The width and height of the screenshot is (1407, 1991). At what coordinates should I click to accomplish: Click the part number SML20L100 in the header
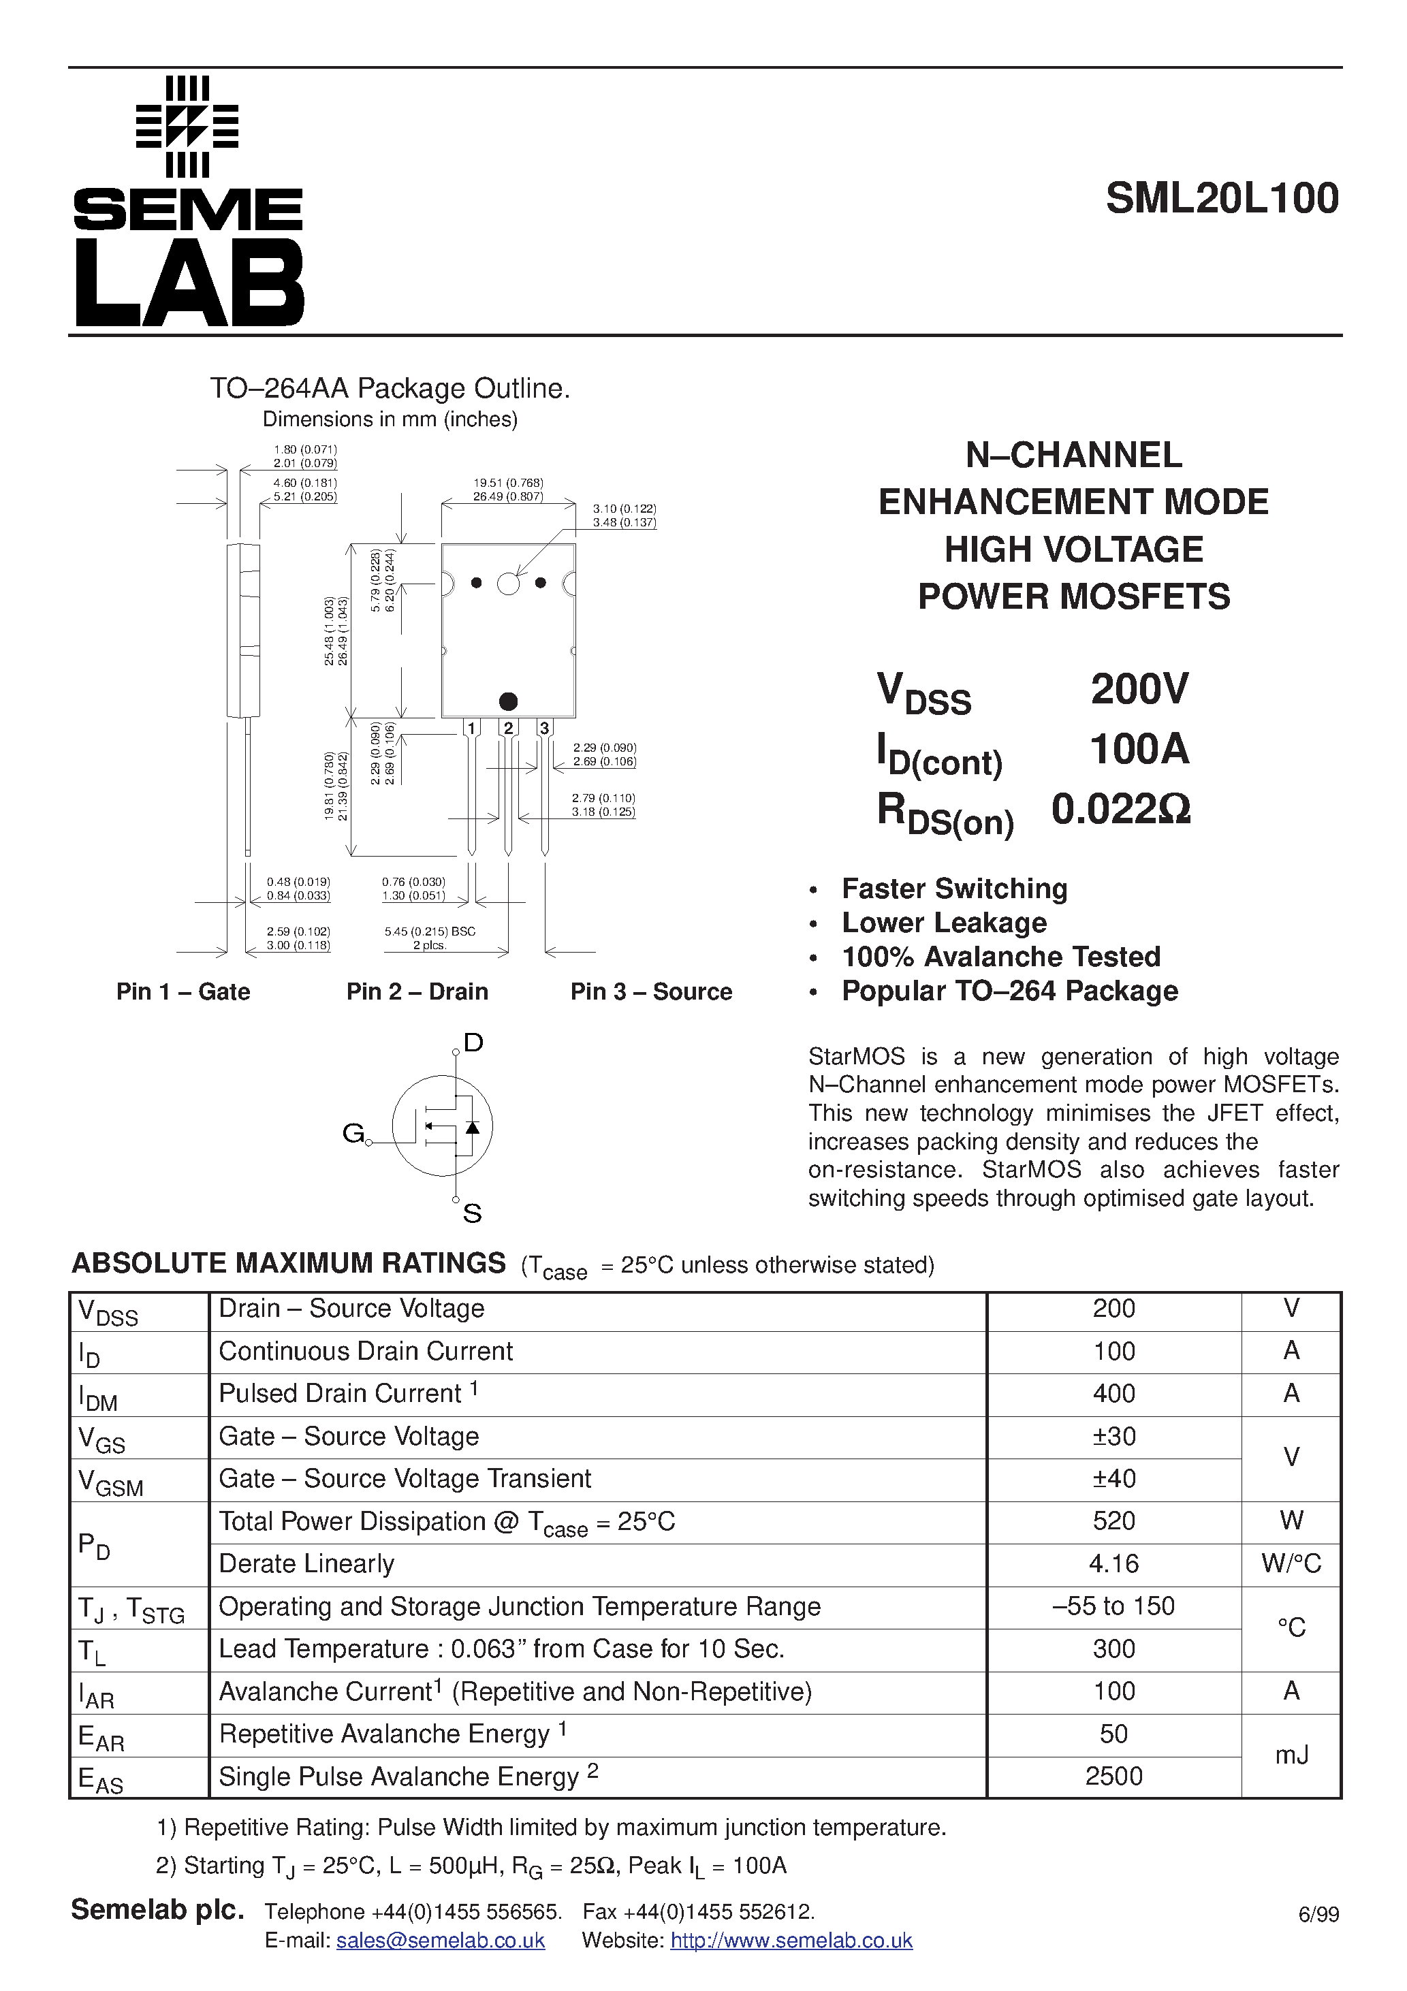tap(1221, 199)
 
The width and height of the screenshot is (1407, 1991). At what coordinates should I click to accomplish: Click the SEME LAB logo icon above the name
tap(187, 127)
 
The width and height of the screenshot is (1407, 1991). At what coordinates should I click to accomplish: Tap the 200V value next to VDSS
tap(1139, 689)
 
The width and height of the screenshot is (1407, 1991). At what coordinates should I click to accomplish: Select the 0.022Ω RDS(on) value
tap(1121, 809)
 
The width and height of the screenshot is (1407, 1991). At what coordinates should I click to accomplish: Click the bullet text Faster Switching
tap(954, 889)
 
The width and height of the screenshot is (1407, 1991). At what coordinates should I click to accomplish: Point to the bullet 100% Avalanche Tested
tap(1000, 957)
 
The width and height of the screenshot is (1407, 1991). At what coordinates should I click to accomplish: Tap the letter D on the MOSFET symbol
tap(473, 1042)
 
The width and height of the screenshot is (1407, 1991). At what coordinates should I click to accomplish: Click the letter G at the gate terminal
tap(353, 1132)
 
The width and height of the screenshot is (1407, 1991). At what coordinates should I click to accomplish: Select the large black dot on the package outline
tap(508, 701)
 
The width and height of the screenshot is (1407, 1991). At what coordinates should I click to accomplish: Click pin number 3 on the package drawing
tap(544, 727)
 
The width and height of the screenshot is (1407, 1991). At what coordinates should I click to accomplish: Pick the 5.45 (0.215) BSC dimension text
tap(429, 931)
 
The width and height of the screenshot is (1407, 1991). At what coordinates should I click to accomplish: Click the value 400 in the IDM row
tap(1113, 1394)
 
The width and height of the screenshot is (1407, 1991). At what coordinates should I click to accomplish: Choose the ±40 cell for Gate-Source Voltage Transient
tap(1113, 1478)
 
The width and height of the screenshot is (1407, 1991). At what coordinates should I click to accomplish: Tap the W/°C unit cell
tap(1291, 1563)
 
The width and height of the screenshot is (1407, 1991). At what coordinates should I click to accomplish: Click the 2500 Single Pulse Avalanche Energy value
tap(1113, 1776)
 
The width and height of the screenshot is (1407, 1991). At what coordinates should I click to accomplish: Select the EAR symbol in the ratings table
tap(101, 1737)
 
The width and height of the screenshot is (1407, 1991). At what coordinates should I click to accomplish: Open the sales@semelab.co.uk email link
tap(440, 1940)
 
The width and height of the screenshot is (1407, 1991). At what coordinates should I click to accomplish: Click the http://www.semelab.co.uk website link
tap(791, 1940)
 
